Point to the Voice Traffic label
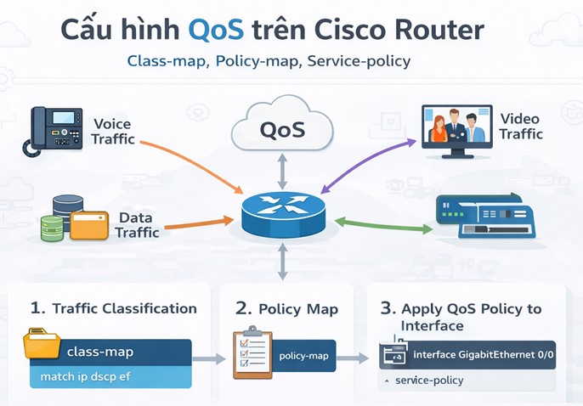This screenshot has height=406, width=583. tap(112, 132)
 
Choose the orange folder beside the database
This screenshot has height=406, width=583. tap(89, 225)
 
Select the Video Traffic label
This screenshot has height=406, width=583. tap(520, 127)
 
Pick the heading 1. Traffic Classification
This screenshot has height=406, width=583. tap(113, 308)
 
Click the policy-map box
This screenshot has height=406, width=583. tap(303, 355)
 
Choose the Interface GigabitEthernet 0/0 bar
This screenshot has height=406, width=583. tap(467, 354)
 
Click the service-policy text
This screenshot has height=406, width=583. tap(429, 381)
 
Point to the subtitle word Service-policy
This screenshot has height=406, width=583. tap(359, 62)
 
